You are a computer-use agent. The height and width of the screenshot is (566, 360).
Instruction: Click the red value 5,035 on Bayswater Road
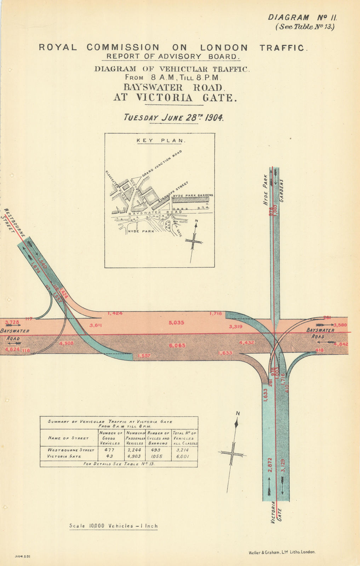pos(177,323)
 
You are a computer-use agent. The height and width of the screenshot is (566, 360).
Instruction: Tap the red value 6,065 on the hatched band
pos(177,345)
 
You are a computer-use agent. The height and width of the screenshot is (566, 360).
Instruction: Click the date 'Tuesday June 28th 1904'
pos(173,118)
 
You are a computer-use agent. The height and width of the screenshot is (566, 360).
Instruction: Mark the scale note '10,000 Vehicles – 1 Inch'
pos(114,526)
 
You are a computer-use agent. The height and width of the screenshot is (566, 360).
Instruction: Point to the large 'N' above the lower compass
pos(238,414)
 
